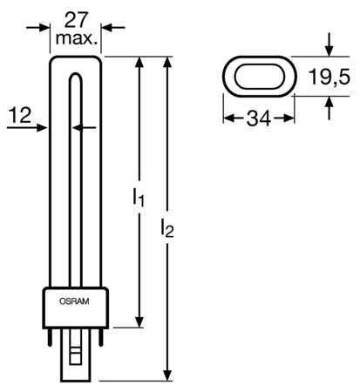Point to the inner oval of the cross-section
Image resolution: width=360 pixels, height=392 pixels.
point(258,77)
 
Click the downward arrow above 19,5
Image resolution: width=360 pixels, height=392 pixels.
point(329,49)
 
